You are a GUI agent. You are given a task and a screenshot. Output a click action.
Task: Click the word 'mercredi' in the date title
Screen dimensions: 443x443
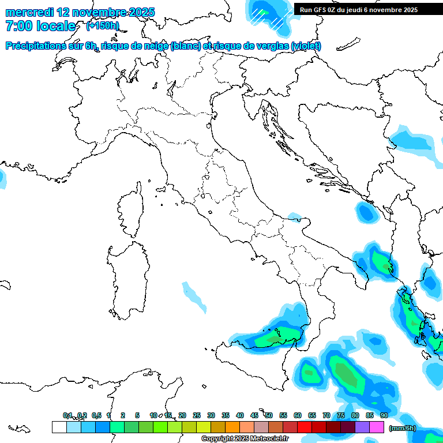29,12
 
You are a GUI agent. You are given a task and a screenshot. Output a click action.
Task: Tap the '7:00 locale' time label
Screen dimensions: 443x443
40,26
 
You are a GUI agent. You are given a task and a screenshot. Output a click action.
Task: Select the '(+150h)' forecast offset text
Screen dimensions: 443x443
102,25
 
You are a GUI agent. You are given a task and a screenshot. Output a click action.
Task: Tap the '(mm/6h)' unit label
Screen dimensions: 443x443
403,427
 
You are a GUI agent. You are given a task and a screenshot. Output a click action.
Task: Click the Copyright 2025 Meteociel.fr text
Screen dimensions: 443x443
245,439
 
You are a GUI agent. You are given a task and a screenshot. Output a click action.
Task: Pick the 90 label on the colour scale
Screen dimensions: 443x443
384,415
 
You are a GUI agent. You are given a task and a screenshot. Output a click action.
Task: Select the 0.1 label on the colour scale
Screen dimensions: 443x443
67,415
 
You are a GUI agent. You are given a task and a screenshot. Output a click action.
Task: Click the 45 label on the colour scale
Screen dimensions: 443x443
254,415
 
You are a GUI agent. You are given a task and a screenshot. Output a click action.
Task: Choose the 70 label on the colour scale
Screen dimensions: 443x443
326,415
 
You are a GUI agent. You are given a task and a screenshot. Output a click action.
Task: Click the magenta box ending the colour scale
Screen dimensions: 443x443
377,427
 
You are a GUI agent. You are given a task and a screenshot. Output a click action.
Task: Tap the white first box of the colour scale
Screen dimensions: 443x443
59,427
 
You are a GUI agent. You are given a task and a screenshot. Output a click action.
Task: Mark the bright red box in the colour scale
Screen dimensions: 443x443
304,427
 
